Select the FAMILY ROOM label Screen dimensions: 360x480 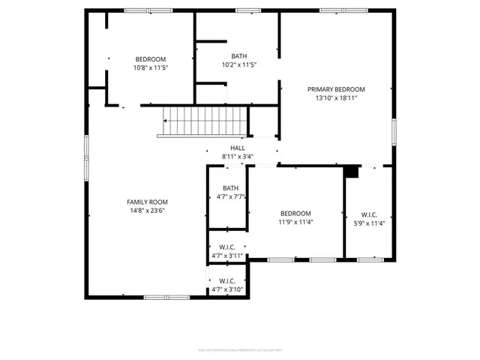(146, 202)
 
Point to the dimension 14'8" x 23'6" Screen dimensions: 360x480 (146, 211)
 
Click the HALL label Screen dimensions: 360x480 (237, 148)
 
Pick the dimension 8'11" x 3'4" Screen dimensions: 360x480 (237, 157)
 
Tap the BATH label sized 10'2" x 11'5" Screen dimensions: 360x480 (238, 56)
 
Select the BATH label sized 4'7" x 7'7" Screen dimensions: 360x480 (230, 188)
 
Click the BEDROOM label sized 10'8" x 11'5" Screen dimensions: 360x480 (150, 59)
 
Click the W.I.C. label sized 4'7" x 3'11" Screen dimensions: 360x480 (226, 247)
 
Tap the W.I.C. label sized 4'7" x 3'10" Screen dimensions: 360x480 (226, 280)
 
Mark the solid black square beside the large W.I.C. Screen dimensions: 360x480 (351, 172)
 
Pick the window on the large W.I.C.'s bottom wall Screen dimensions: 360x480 (369, 259)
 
